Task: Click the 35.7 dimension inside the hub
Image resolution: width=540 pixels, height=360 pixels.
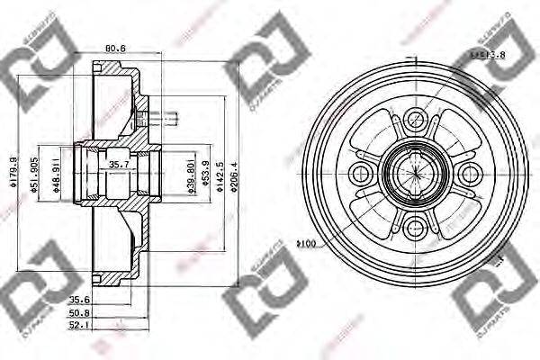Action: pyautogui.click(x=119, y=165)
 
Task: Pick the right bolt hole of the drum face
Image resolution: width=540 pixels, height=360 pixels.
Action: pyautogui.click(x=468, y=172)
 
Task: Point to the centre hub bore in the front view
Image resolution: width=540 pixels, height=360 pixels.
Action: pyautogui.click(x=414, y=172)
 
